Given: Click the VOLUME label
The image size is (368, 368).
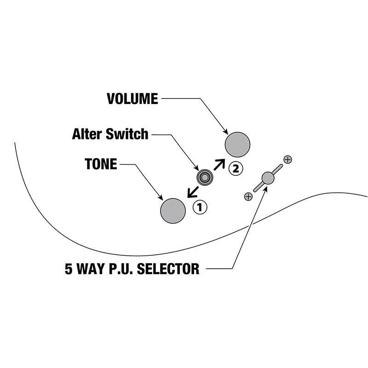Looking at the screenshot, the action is tap(132, 98).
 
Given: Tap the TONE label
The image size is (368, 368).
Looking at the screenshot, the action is tap(101, 164).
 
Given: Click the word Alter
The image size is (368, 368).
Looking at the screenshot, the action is tap(87, 134).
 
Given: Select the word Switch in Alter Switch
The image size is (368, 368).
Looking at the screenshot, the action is tap(127, 134).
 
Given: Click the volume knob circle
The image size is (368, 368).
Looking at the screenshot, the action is tap(237, 144).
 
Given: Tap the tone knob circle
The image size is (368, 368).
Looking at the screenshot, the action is tap(173, 211).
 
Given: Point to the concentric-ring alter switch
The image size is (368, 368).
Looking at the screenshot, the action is tap(205, 178).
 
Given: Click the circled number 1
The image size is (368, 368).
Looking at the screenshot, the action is tap(200, 207).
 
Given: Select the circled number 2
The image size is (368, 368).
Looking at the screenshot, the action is tap(236, 168).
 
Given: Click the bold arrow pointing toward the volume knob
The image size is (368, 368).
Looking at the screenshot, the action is tap(219, 165).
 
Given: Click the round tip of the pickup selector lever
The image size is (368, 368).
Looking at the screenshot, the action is tap(268, 178).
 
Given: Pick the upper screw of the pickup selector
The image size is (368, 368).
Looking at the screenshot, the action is tap(288, 160).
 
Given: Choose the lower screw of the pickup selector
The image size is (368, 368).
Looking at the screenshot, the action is tap(248, 196).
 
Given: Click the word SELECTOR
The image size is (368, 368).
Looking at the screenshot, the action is tap(168, 269).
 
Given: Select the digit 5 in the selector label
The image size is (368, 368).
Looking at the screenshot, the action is tap(69, 269).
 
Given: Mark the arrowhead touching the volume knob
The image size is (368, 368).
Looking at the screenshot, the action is tap(225, 132).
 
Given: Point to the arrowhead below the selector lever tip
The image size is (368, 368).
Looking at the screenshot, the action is tap(265, 190).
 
